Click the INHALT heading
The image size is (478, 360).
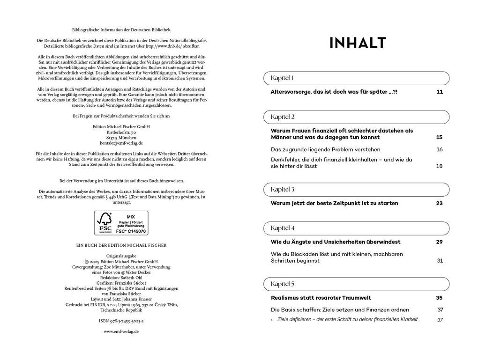pyautogui.click(x=358, y=43)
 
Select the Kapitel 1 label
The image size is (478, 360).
pyautogui.click(x=283, y=78)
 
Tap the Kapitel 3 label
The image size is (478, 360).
pyautogui.click(x=283, y=190)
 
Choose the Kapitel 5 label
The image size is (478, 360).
pyautogui.click(x=283, y=284)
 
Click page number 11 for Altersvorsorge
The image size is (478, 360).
pyautogui.click(x=439, y=92)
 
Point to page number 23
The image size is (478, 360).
pyautogui.click(x=439, y=203)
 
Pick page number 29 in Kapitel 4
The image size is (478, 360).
pyautogui.click(x=439, y=242)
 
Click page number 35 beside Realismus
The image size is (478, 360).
pyautogui.click(x=439, y=298)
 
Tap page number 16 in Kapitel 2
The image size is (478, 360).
pyautogui.click(x=439, y=150)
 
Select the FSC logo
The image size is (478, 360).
pyautogui.click(x=104, y=223)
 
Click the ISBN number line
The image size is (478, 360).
pyautogui.click(x=121, y=322)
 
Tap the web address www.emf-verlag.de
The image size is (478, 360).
pyautogui.click(x=121, y=331)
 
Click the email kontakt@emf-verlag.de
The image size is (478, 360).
pyautogui.click(x=121, y=143)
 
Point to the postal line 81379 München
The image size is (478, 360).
pyautogui.click(x=121, y=138)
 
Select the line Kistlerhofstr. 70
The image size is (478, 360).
pyautogui.click(x=121, y=132)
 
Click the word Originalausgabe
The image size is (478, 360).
pyautogui.click(x=121, y=256)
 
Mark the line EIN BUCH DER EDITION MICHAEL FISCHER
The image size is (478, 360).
pyautogui.click(x=121, y=245)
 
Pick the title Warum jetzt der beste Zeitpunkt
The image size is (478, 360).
pyautogui.click(x=334, y=203)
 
